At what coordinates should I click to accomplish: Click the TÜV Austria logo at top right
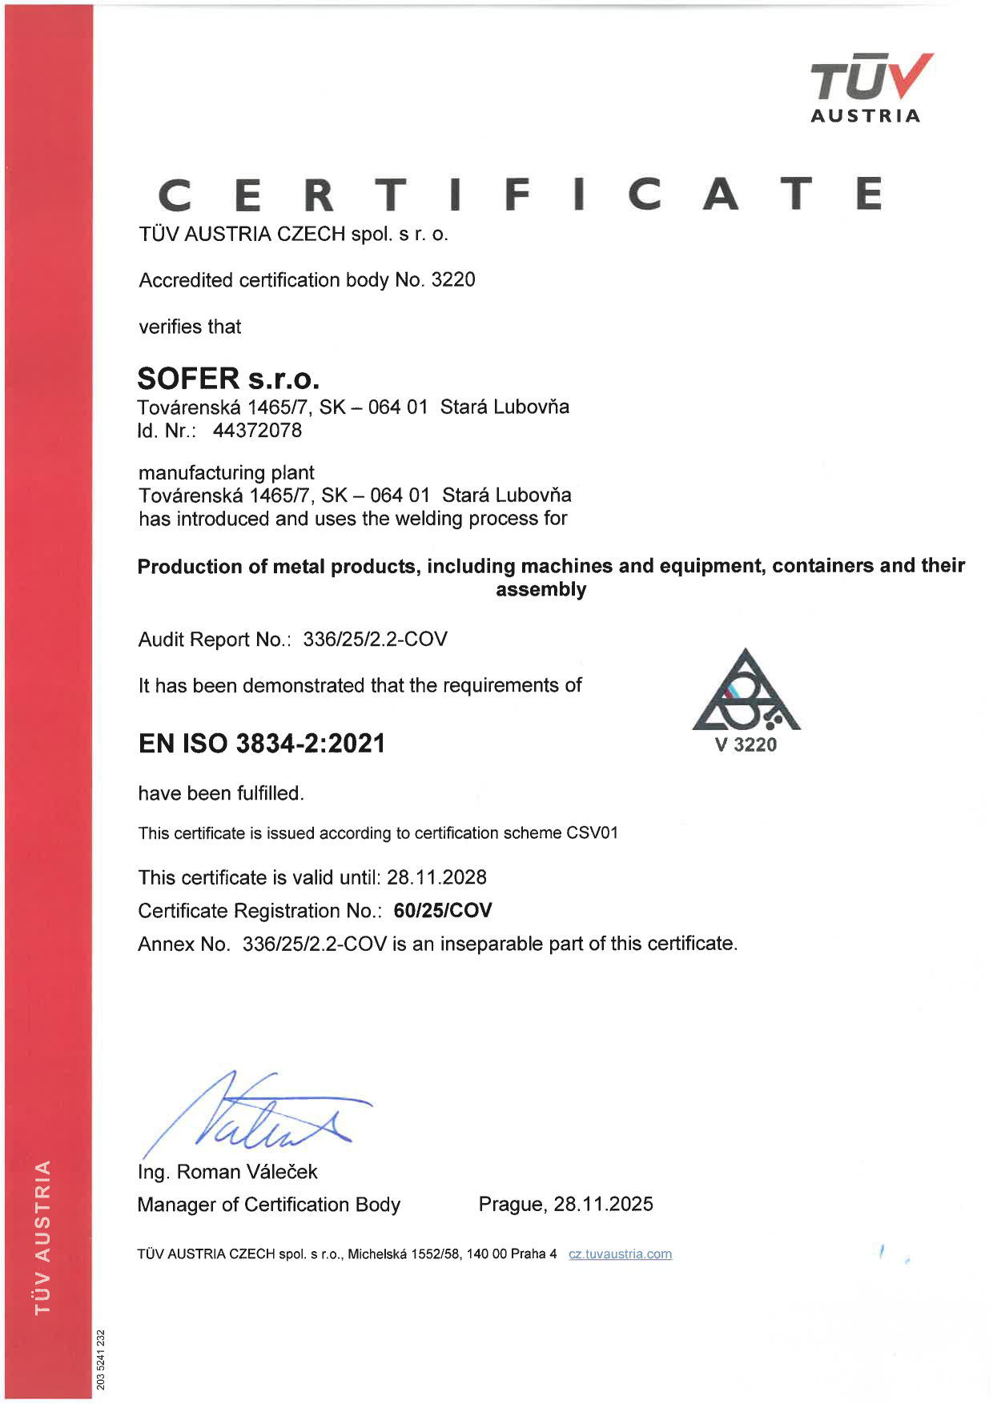(x=870, y=87)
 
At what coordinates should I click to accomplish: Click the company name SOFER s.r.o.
(x=228, y=378)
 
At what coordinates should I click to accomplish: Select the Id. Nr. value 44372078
(x=257, y=431)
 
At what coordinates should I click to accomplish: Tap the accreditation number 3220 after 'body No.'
(x=453, y=280)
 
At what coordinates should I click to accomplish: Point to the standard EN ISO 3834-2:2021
(x=262, y=744)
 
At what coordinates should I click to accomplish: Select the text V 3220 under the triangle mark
(x=746, y=745)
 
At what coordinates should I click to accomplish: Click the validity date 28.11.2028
(x=436, y=877)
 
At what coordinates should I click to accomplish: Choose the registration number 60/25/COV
(x=443, y=911)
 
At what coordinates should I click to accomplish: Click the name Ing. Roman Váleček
(x=227, y=1172)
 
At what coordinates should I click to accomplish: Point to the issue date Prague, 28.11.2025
(x=565, y=1204)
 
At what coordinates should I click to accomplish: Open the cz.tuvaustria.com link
(x=620, y=1254)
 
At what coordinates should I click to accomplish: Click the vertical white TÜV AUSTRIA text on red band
(x=43, y=1237)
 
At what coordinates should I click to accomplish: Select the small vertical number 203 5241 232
(x=101, y=1359)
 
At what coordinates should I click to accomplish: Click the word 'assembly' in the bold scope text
(x=541, y=590)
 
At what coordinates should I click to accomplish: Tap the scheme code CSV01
(x=592, y=833)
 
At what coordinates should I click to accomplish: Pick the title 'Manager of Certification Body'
(x=268, y=1205)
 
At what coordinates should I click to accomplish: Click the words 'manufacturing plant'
(x=226, y=473)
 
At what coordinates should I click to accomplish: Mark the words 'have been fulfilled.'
(x=221, y=793)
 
